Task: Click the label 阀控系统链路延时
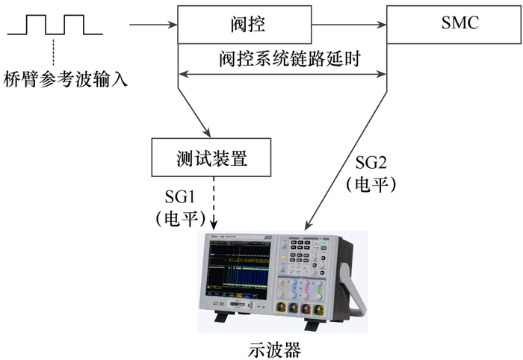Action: coord(290,59)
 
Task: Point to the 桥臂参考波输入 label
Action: coord(66,80)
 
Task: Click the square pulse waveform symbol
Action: coord(55,25)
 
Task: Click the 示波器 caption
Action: coord(274,350)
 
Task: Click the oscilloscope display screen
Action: coord(239,270)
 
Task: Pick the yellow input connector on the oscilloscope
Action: coord(281,307)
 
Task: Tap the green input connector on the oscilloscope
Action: coord(319,309)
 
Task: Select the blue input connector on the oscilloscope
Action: coord(294,308)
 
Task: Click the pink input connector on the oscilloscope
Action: coord(306,308)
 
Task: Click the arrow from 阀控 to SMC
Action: coord(349,25)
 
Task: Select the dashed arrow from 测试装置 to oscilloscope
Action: coord(214,203)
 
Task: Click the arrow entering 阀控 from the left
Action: coord(153,25)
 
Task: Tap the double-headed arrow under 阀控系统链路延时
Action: coord(282,74)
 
